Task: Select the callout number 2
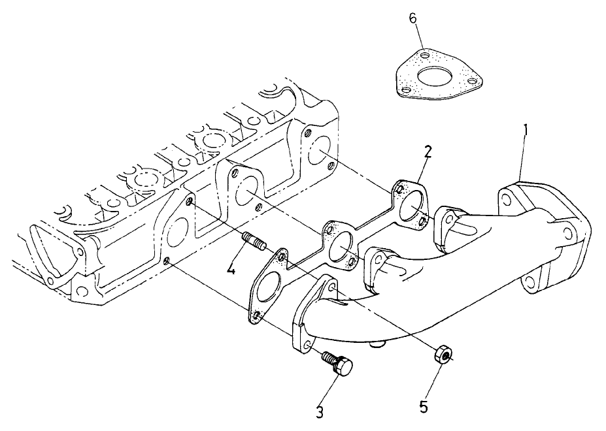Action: (427, 152)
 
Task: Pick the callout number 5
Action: (424, 407)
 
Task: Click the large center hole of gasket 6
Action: (433, 78)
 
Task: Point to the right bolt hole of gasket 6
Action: (471, 82)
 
